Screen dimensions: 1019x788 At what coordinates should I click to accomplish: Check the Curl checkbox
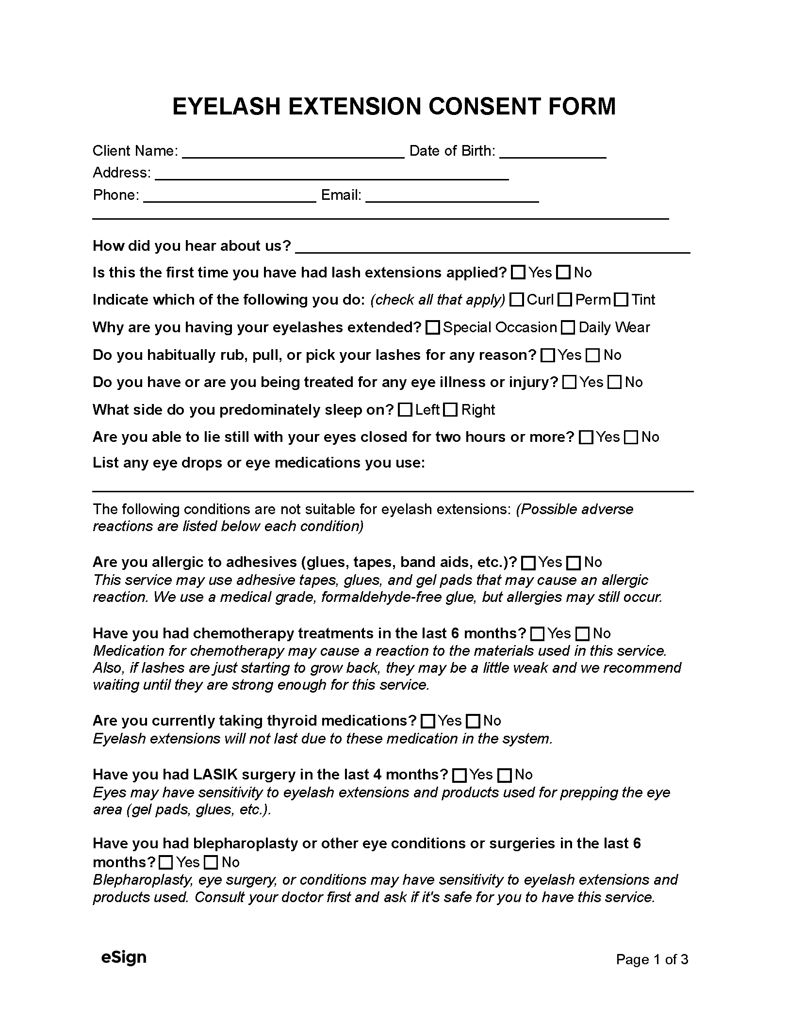tap(517, 300)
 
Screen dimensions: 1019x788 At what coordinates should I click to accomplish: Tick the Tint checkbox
tap(621, 300)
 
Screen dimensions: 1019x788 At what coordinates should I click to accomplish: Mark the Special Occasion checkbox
tap(432, 328)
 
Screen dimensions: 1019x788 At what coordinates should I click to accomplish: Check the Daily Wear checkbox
tap(568, 328)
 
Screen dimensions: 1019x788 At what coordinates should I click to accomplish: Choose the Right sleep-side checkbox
tap(451, 410)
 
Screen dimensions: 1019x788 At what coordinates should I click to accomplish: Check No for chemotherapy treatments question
tap(582, 634)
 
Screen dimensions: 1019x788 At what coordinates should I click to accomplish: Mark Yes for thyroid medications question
tap(428, 721)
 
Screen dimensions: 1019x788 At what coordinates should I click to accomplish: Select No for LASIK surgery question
tap(505, 775)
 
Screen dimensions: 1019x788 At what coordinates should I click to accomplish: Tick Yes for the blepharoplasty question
tap(166, 862)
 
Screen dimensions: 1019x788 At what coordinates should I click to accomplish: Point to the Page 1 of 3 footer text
tap(652, 959)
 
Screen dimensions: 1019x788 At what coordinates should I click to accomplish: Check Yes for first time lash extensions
tap(518, 273)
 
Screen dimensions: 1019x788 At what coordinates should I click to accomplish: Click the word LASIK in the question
tap(215, 775)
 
